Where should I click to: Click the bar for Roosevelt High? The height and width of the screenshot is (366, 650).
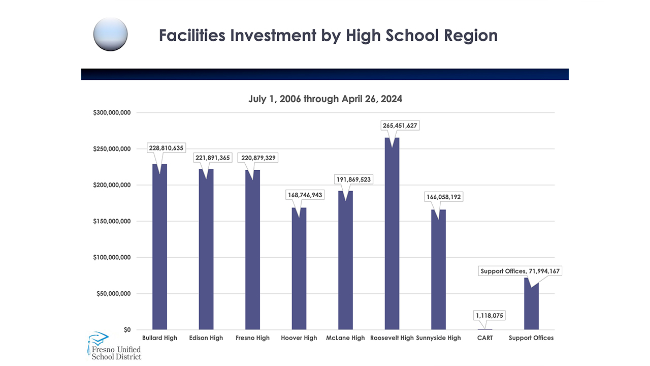coord(392,234)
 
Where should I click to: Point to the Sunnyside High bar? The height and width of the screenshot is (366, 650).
coord(438,269)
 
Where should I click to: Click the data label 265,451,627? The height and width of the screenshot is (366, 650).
coord(401,126)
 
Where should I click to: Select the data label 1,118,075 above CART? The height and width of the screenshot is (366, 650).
coord(489,316)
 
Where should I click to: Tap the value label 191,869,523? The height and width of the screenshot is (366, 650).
coord(354,179)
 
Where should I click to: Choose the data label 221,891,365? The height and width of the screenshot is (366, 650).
coord(212,158)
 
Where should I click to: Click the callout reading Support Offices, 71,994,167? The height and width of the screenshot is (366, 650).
coord(520,271)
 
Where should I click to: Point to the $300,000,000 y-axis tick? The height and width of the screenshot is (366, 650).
coord(112,112)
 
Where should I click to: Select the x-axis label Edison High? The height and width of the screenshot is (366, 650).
coord(206,338)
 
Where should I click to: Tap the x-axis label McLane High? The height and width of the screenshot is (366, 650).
coord(345,338)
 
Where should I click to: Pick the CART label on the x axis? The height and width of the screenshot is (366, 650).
coord(485,338)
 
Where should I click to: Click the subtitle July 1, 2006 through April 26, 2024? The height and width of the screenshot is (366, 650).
coord(325,99)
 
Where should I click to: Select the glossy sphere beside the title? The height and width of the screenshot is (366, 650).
coord(110,34)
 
